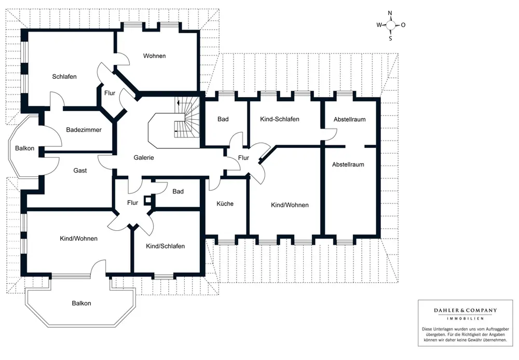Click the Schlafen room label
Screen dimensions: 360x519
pyautogui.click(x=64, y=77)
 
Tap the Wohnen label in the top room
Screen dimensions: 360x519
pyautogui.click(x=155, y=56)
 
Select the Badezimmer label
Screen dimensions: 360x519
pyautogui.click(x=84, y=130)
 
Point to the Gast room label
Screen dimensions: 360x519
pyautogui.click(x=80, y=171)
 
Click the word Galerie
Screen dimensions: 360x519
pyautogui.click(x=144, y=158)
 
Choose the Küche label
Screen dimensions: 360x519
pyautogui.click(x=225, y=204)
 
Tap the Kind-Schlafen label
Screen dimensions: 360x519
pyautogui.click(x=279, y=119)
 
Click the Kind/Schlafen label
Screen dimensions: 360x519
pyautogui.click(x=165, y=246)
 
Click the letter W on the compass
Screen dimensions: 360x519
pyautogui.click(x=379, y=25)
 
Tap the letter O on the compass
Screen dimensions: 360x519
pyautogui.click(x=403, y=25)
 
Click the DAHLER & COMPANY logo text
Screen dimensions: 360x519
pyautogui.click(x=465, y=311)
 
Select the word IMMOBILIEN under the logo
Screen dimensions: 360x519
pyautogui.click(x=465, y=318)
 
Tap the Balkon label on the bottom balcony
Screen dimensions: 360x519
pyautogui.click(x=81, y=303)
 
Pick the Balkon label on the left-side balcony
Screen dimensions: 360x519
pyautogui.click(x=24, y=148)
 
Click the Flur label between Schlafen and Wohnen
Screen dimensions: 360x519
pyautogui.click(x=110, y=93)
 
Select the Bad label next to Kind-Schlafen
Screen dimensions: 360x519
pyautogui.click(x=223, y=119)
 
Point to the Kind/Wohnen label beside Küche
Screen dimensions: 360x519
pyautogui.click(x=290, y=205)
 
